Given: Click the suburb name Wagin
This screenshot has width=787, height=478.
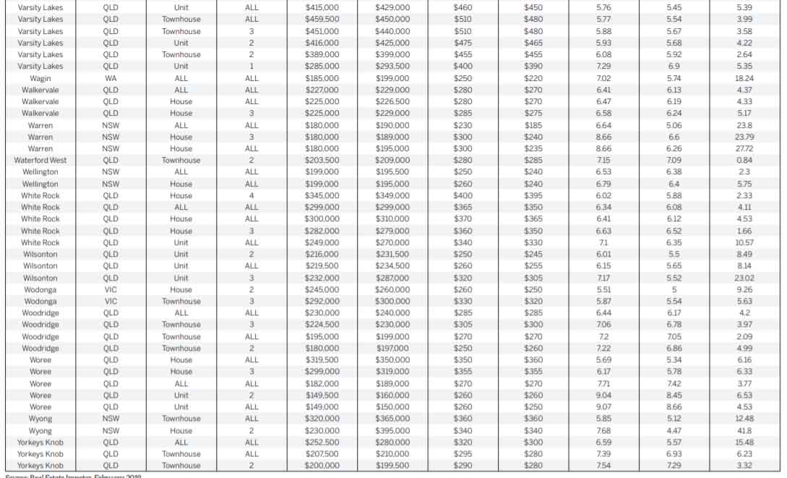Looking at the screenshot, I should coord(40,78).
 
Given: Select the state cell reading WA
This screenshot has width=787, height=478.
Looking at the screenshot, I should coord(111,78).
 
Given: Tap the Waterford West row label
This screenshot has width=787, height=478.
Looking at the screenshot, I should coord(40,160).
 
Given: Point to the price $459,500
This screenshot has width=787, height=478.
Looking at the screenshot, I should coord(322,19).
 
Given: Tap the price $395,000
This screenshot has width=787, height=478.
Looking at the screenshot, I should coord(392,430).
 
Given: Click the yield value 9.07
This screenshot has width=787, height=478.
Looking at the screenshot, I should coord(603,407).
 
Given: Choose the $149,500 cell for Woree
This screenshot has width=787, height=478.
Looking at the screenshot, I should coord(322,396).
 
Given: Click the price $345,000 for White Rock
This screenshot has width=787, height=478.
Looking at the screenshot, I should coord(322,195).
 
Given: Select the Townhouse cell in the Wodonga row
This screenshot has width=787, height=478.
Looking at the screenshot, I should coord(181,301).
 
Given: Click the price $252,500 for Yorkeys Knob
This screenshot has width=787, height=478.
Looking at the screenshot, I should coord(322,442).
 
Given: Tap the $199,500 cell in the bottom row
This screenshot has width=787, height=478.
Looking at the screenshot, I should coord(392,466).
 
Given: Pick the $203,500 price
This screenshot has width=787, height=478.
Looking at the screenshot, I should coord(322,160).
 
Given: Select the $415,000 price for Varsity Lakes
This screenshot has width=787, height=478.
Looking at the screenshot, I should coord(322,7).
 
